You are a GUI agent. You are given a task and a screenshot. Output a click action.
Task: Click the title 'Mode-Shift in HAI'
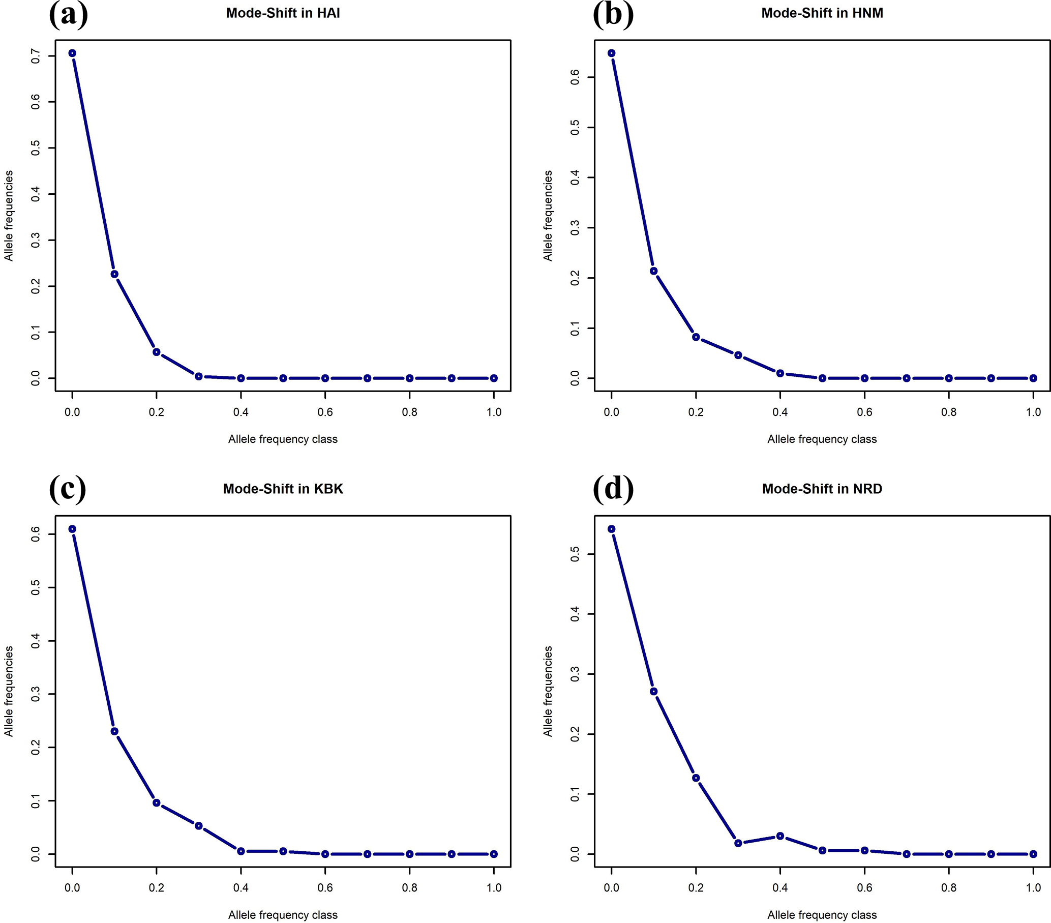coord(283,13)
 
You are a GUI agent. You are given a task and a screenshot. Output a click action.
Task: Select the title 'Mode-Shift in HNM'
coord(822,13)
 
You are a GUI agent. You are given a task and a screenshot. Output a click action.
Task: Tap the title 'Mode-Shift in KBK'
coord(283,489)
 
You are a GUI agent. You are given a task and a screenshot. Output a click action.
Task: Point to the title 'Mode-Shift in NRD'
coord(822,489)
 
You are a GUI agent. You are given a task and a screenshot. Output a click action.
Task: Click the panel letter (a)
coord(68,14)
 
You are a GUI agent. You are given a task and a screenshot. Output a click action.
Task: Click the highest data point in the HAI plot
coord(73,53)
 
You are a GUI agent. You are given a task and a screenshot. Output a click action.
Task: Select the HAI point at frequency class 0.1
coord(115,274)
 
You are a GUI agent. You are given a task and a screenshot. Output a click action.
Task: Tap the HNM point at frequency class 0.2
coord(696,337)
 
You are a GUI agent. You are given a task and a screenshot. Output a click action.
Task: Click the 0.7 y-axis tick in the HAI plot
coord(36,55)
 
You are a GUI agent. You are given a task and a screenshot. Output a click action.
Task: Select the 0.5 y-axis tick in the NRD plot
coord(575,554)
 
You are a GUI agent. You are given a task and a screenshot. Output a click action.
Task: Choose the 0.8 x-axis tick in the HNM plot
coord(949,412)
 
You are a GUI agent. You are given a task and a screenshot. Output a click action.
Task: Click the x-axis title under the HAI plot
coord(283,439)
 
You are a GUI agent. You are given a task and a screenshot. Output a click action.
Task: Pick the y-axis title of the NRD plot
coord(548,691)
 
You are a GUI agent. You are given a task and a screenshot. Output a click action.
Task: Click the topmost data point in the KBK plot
coord(73,529)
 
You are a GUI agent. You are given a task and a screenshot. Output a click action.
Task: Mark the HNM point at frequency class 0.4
coord(780,373)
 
